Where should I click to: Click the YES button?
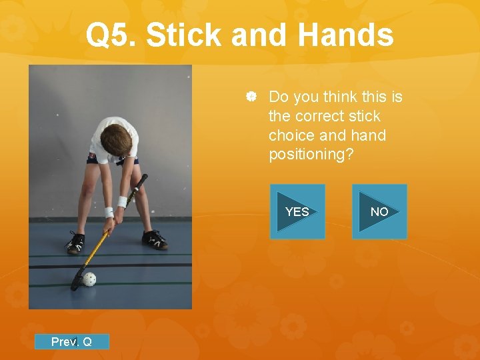[x=297, y=211]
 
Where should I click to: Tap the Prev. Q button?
[x=72, y=342]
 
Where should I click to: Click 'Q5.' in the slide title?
[x=111, y=35]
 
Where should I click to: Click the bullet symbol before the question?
[x=251, y=98]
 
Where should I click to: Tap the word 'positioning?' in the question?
[x=311, y=154]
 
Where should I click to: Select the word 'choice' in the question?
[x=292, y=135]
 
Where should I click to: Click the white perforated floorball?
[x=89, y=279]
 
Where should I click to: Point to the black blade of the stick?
[x=75, y=282]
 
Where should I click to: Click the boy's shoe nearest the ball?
[x=75, y=243]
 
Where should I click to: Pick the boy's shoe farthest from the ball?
[x=155, y=239]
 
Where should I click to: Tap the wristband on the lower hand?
[x=109, y=212]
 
